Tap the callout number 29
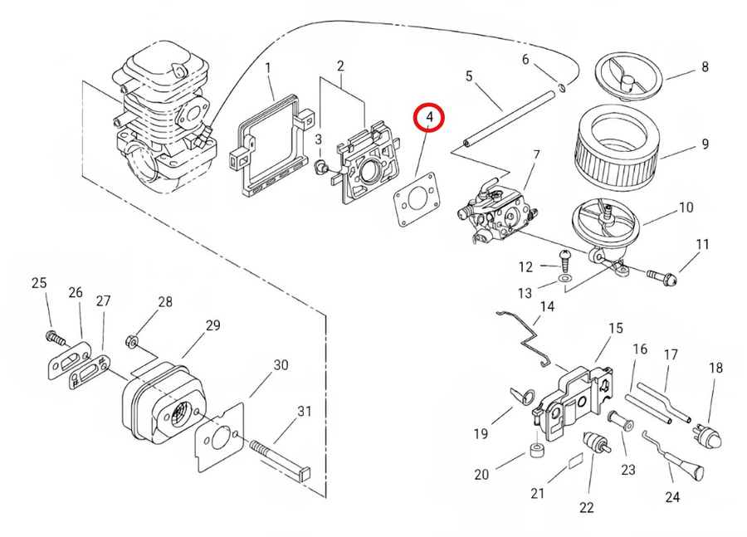(x=213, y=325)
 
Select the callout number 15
(x=615, y=329)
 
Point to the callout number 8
(x=705, y=68)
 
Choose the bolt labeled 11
(x=662, y=275)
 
